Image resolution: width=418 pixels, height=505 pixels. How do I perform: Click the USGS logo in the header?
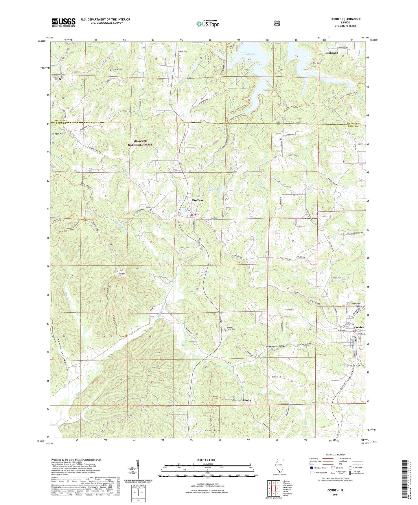click(64, 22)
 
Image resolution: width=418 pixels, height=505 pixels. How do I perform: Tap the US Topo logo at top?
click(208, 24)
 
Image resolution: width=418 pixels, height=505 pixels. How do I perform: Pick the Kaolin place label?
click(246, 400)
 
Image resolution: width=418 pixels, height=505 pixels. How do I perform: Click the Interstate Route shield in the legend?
click(311, 468)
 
